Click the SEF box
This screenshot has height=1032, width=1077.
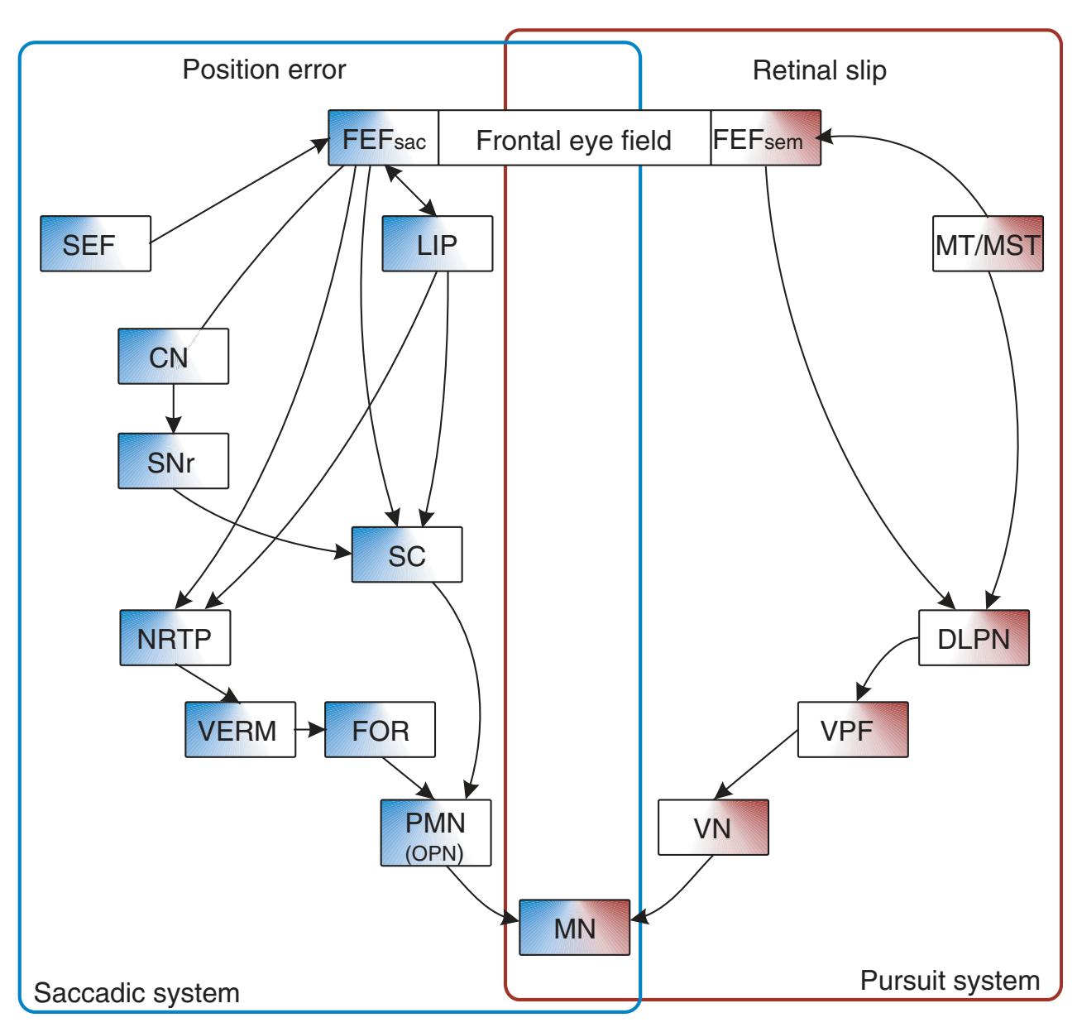[x=95, y=243]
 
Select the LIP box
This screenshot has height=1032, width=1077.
[x=437, y=243]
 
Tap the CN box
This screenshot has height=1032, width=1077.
[x=173, y=356]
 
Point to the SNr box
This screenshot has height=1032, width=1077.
[x=173, y=461]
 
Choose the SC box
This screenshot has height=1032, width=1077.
[x=406, y=554]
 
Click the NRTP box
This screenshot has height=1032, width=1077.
[x=175, y=638]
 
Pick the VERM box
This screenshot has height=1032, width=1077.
[x=240, y=730]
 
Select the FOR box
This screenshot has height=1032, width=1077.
[x=381, y=730]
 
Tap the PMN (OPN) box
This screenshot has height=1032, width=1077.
[x=436, y=832]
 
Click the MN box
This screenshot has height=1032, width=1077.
[x=575, y=927]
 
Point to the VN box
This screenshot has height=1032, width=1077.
[x=713, y=827]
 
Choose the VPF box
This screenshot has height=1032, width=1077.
[x=853, y=730]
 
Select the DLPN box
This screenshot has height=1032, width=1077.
[x=974, y=638]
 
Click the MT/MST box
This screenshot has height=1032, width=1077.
[x=987, y=243]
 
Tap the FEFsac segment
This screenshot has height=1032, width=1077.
[x=383, y=138]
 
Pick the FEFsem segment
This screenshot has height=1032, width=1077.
[x=766, y=138]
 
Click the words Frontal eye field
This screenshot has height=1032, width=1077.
[x=573, y=140]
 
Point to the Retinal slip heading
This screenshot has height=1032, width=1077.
[x=819, y=70]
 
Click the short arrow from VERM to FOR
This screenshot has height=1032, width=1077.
[x=310, y=730]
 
